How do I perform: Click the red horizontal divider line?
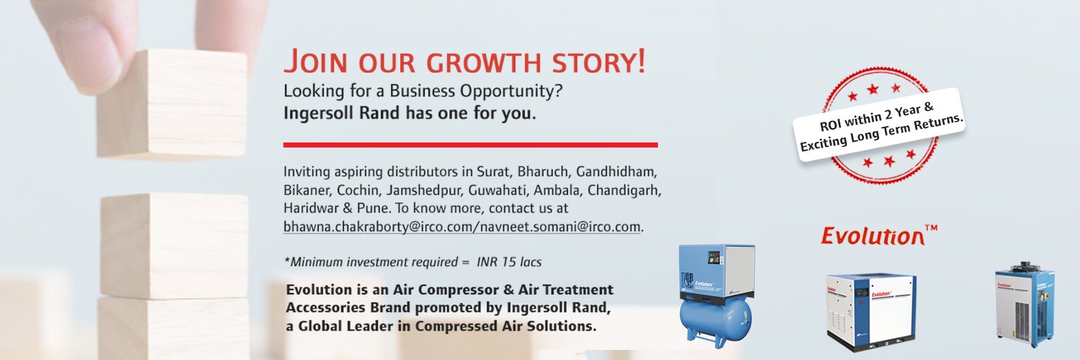tap(470, 145)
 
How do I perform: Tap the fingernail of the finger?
tap(89, 43)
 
